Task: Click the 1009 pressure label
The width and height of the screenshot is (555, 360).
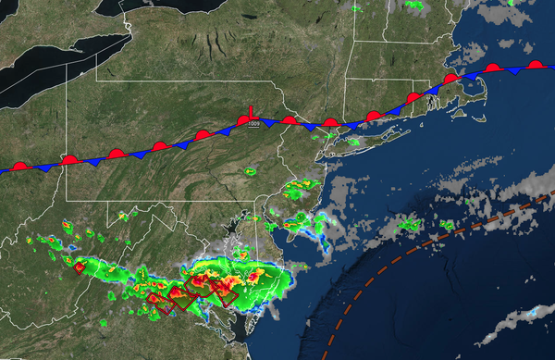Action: [251, 127]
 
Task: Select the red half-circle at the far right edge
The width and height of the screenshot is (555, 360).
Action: [536, 65]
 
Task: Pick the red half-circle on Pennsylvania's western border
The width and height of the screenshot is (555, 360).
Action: [68, 160]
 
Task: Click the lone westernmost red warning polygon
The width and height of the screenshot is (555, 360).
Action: [80, 267]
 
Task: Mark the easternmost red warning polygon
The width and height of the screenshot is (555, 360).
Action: [224, 293]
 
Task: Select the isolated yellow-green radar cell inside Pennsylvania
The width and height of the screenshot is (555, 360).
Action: [250, 171]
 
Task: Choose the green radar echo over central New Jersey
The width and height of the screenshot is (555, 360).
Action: [297, 193]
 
